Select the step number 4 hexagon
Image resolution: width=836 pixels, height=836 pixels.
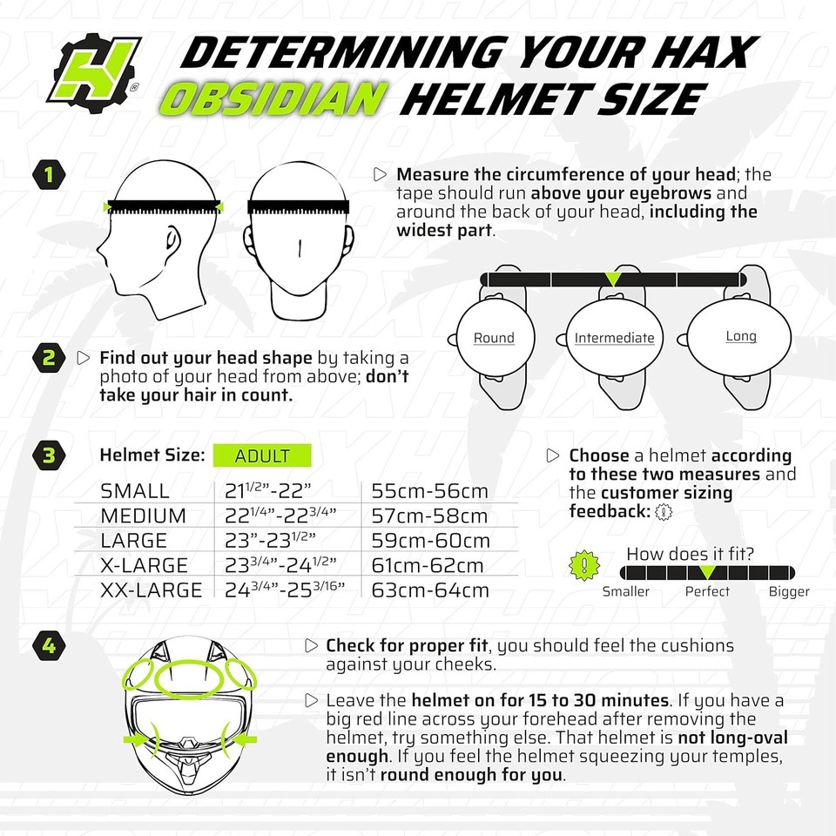50,646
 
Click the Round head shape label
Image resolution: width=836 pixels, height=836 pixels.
494,338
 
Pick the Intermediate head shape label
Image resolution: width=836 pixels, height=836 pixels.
614,338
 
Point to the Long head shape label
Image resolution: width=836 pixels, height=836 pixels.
741,336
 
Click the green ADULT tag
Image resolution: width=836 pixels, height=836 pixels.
262,455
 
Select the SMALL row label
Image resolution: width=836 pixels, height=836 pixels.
135,490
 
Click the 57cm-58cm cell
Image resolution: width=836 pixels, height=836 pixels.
429,516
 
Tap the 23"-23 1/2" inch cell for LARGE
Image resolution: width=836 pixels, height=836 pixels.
269,540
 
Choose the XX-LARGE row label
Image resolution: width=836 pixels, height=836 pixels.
152,590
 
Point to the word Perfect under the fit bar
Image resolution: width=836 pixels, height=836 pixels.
707,591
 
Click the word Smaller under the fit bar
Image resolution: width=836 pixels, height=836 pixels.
625,591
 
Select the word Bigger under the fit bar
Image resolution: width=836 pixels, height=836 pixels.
789,591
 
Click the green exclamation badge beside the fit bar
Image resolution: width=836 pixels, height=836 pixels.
583,565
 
